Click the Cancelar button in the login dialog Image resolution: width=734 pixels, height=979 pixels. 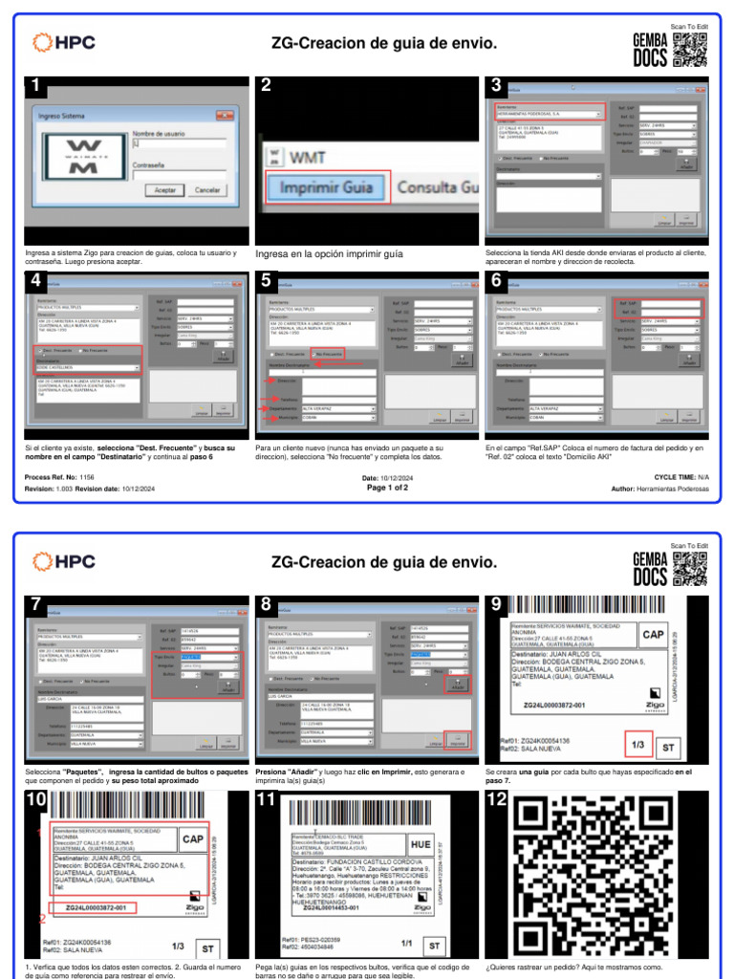[x=208, y=190]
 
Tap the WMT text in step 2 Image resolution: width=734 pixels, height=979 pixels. [x=308, y=156]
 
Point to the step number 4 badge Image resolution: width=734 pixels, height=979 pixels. [x=35, y=280]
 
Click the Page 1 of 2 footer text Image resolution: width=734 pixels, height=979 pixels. [x=387, y=488]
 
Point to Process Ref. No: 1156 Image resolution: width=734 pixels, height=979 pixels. [x=60, y=476]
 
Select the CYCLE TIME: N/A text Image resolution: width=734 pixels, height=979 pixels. [x=680, y=476]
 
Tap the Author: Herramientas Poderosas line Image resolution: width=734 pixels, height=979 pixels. [x=660, y=489]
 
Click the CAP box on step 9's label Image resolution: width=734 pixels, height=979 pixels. [x=654, y=635]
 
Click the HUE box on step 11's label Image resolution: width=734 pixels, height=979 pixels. [x=421, y=845]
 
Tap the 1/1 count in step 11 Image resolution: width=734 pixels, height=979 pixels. [x=406, y=943]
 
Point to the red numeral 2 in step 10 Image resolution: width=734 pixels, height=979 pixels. [x=41, y=920]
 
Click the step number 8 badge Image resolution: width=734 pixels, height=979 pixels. [x=266, y=603]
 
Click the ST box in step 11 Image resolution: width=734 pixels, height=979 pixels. [x=435, y=946]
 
